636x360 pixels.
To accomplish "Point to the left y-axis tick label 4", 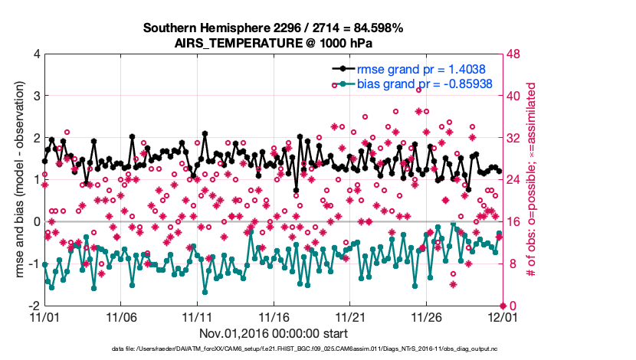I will coord(34,54).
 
